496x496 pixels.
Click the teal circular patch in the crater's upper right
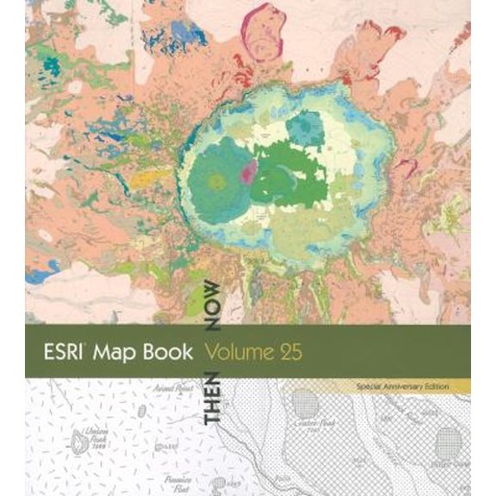pos(304,130)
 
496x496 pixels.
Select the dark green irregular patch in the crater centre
pos(293,169)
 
